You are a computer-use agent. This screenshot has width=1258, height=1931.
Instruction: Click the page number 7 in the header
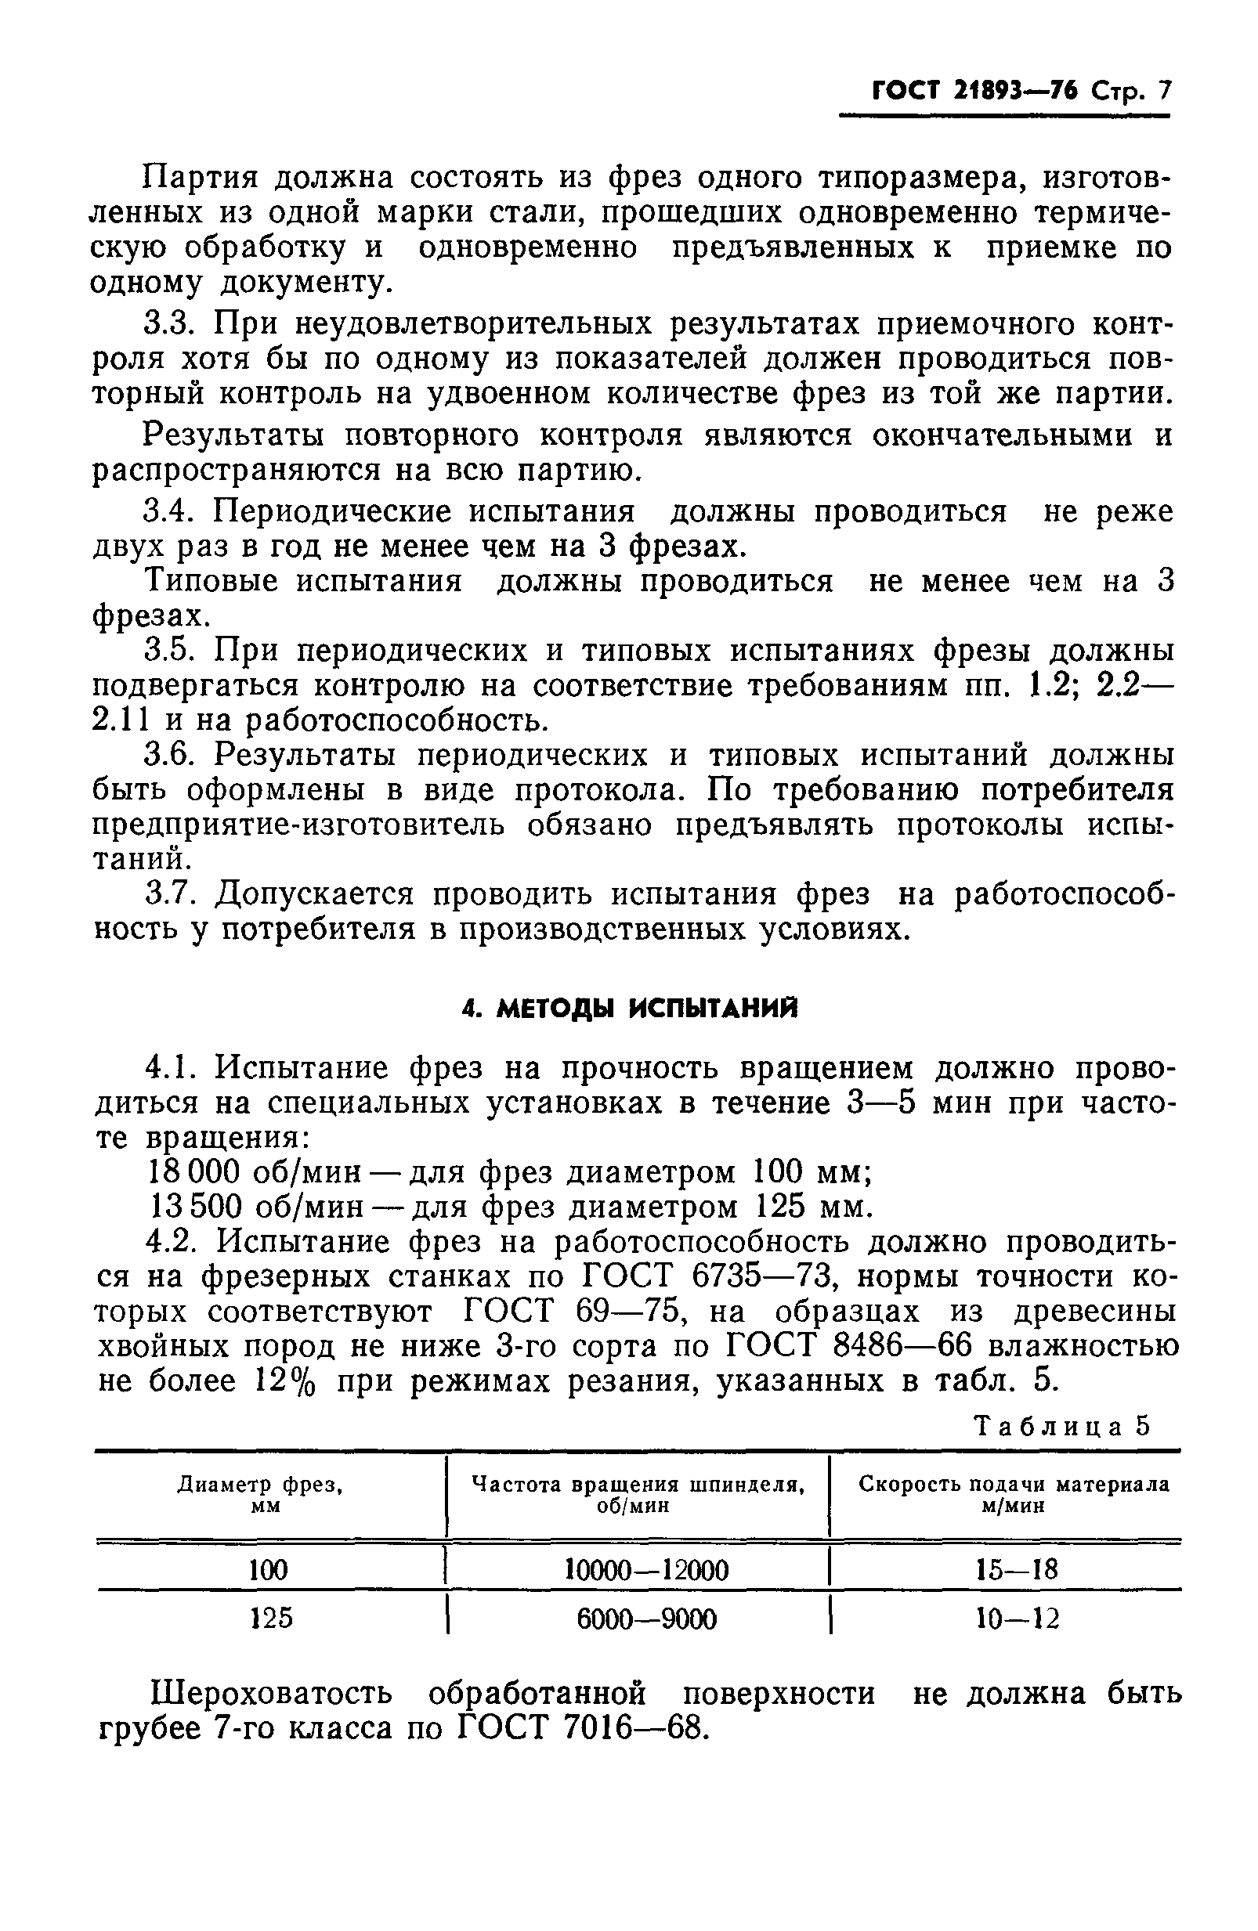pos(1164,90)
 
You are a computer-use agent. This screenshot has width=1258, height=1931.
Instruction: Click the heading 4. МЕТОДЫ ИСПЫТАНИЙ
pos(629,1009)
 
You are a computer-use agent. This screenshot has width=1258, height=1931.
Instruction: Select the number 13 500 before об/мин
pos(195,1207)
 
